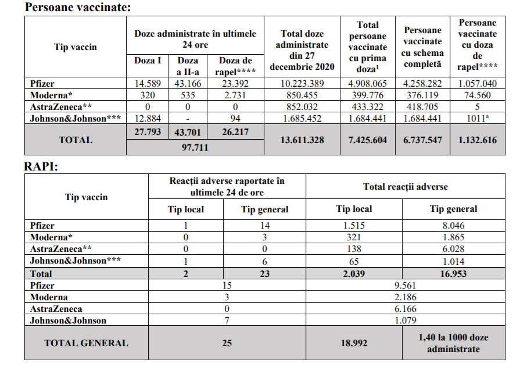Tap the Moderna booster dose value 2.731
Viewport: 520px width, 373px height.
click(x=235, y=95)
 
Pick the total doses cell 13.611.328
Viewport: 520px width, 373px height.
click(x=302, y=140)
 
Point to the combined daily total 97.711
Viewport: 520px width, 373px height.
click(x=195, y=147)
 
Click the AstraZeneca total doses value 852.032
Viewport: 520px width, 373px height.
click(x=302, y=106)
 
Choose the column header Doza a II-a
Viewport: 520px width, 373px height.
click(x=188, y=65)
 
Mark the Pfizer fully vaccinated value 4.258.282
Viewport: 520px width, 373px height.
click(x=422, y=84)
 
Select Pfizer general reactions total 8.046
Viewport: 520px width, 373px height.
click(x=453, y=226)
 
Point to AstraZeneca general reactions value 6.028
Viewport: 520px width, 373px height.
click(x=453, y=249)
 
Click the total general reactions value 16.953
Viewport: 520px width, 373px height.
click(x=453, y=273)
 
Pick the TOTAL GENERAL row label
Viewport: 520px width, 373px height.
click(x=86, y=343)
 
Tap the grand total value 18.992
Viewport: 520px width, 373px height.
click(x=354, y=343)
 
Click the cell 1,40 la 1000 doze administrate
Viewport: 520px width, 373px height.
click(x=453, y=343)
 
